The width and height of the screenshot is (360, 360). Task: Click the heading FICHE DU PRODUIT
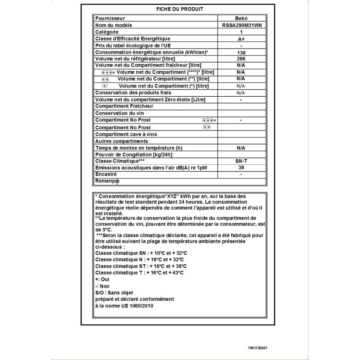pos(180,9)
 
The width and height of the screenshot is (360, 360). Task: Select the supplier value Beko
pos(241,18)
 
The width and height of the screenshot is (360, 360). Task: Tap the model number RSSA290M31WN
pos(241,25)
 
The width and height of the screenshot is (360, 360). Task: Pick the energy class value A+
pos(241,39)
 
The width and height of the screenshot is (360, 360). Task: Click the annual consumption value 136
pos(241,52)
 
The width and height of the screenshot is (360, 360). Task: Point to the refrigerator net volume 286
pos(241,59)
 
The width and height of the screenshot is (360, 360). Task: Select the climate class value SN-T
pos(241,161)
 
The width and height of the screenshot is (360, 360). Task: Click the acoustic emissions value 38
pos(241,167)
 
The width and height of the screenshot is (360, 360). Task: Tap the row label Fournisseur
pos(110,18)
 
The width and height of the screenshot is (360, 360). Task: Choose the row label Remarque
pos(107,181)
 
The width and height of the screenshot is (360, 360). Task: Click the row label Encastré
pos(106,174)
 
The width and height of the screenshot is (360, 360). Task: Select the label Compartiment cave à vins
pos(126,134)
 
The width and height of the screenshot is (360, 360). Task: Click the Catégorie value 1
pos(241,32)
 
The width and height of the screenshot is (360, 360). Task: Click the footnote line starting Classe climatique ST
pos(141,266)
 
